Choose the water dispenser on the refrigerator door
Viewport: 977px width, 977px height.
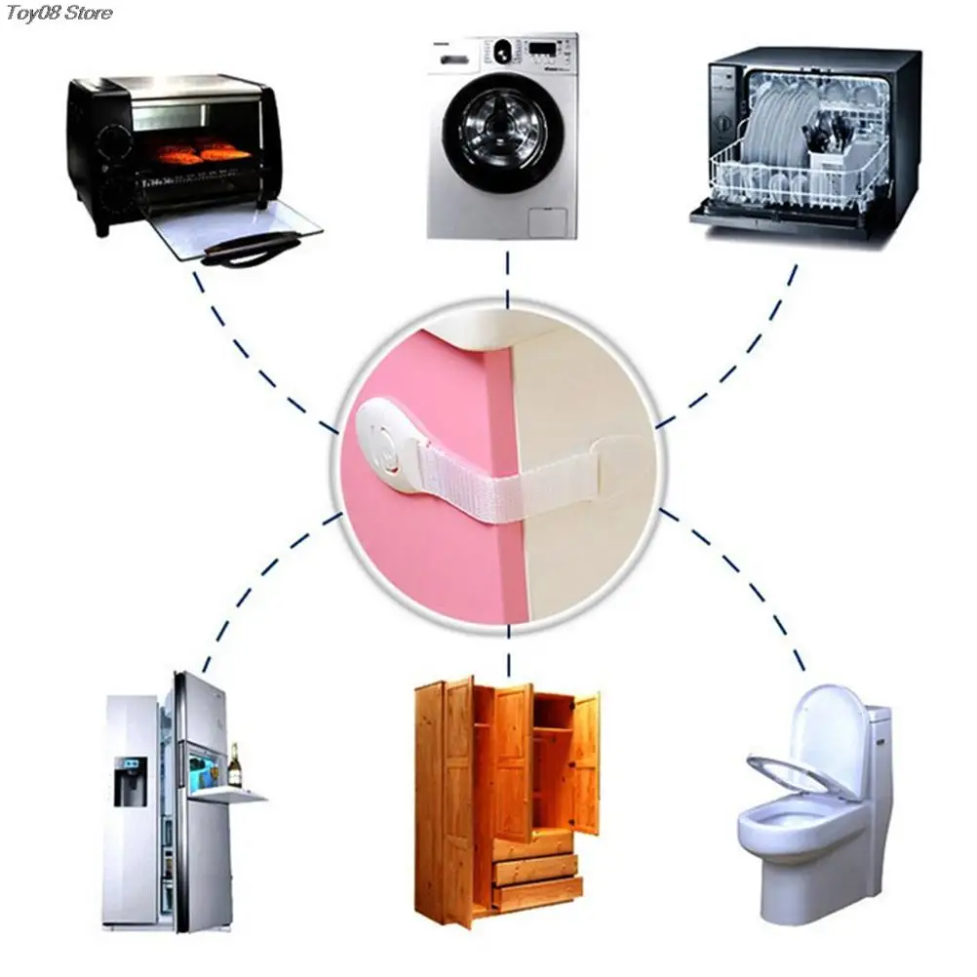click(129, 781)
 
